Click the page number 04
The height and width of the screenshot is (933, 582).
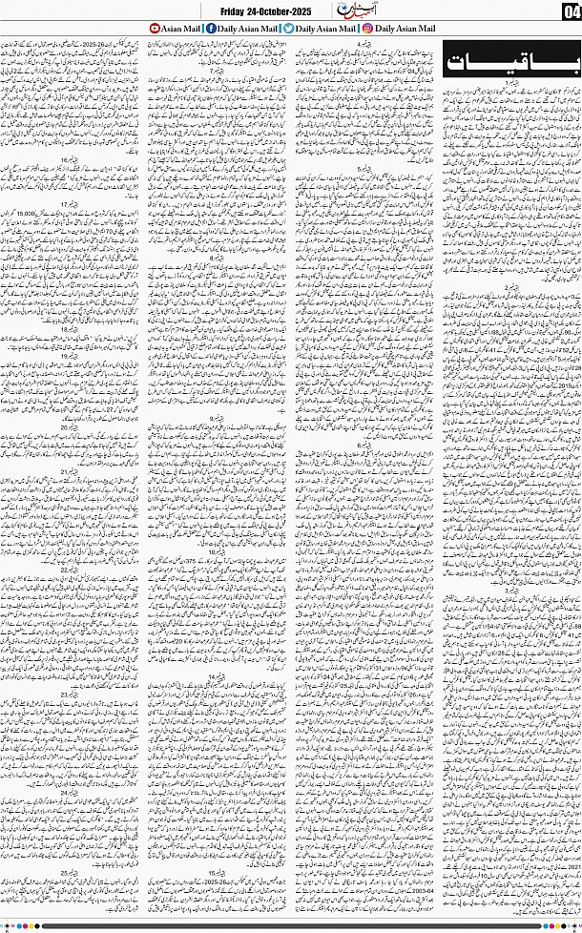[571, 11]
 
